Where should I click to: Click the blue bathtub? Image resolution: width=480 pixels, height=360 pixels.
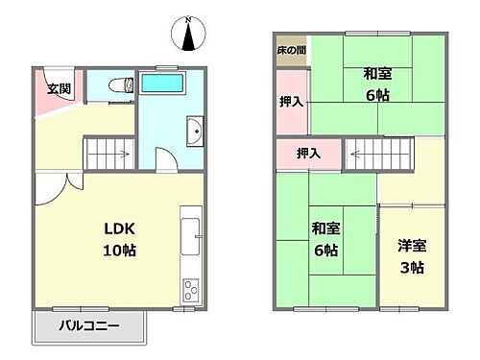pyautogui.click(x=168, y=83)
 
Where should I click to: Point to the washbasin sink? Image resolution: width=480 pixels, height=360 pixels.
pyautogui.click(x=195, y=132)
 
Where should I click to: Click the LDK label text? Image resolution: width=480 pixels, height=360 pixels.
pyautogui.click(x=119, y=228)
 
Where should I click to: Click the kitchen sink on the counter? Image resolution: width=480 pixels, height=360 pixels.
pyautogui.click(x=190, y=232)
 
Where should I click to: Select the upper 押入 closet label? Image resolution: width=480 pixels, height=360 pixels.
pyautogui.click(x=292, y=101)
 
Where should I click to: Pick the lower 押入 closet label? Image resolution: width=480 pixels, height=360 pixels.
pyautogui.click(x=307, y=153)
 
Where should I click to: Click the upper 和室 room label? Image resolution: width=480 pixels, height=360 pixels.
pyautogui.click(x=376, y=74)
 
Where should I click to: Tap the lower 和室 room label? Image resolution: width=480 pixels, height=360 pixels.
pyautogui.click(x=324, y=229)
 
